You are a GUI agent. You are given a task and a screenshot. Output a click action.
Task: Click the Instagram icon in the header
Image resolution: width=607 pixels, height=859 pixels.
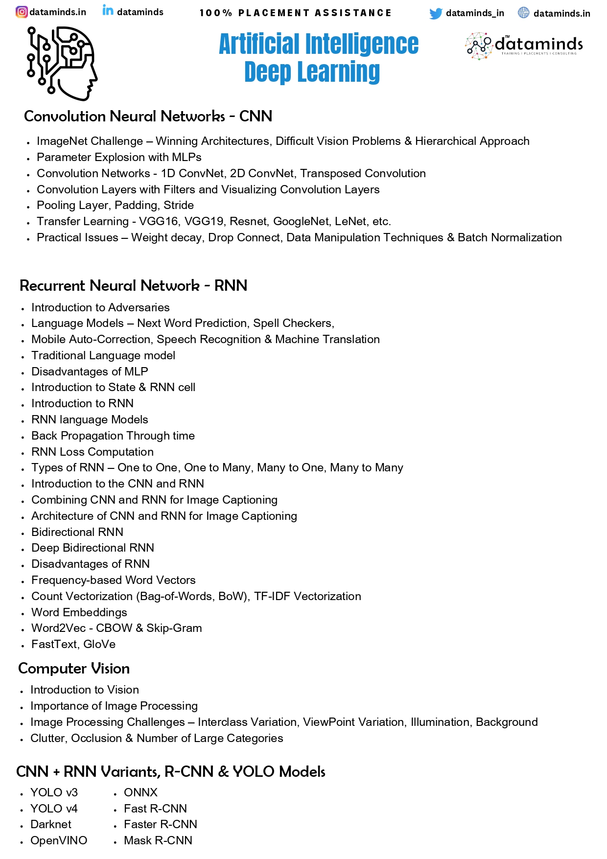tap(22, 12)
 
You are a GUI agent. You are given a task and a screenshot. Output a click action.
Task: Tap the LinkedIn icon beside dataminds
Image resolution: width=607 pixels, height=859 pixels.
tap(108, 10)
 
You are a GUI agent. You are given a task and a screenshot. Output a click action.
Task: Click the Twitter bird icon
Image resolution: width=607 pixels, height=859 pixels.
tap(435, 14)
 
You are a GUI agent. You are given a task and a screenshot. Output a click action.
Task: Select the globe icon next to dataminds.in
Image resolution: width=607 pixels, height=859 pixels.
tap(523, 13)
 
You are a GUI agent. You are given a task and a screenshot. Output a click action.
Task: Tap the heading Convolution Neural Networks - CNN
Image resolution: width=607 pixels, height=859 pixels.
tap(148, 116)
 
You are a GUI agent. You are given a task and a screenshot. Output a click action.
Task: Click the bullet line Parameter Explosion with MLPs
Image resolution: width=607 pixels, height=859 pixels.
tap(119, 157)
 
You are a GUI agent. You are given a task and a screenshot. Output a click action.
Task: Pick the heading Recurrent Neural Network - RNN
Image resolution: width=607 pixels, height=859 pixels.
tap(133, 286)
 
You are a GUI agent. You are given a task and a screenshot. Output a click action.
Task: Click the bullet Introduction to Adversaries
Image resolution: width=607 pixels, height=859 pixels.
tap(100, 307)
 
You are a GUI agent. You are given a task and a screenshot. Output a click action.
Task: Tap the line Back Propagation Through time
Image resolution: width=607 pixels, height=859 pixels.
tap(113, 436)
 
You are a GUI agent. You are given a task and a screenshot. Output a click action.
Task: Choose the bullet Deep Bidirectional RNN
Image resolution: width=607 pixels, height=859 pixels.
tap(93, 548)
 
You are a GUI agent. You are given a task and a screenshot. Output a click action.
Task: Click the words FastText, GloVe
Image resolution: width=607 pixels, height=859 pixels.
tap(73, 644)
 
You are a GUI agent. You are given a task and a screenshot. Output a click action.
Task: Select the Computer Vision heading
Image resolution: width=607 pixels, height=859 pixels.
tap(74, 669)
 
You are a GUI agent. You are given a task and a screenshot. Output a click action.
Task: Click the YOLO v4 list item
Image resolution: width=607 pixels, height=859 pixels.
tap(54, 809)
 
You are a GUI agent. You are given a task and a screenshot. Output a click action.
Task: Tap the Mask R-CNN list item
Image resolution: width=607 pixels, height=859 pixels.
tap(158, 840)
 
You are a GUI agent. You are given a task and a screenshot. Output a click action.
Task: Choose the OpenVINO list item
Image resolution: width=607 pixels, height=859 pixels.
tap(59, 840)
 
